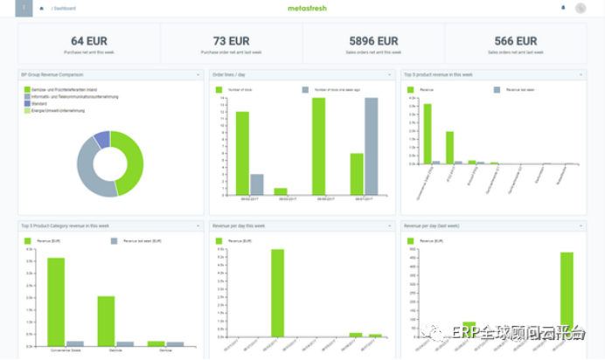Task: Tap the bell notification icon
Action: pyautogui.click(x=563, y=8)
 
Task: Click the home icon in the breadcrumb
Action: pyautogui.click(x=41, y=8)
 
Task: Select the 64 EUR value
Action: pyautogui.click(x=89, y=41)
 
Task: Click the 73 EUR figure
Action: pyautogui.click(x=232, y=41)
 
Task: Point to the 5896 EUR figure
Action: pyautogui.click(x=373, y=41)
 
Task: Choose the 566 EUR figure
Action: pyautogui.click(x=515, y=41)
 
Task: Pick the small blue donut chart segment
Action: pyautogui.click(x=101, y=138)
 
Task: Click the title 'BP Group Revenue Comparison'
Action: pyautogui.click(x=52, y=75)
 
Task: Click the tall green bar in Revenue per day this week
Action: pyautogui.click(x=277, y=293)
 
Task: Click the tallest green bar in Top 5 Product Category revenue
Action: pyautogui.click(x=56, y=302)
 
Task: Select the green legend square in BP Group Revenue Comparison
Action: pyautogui.click(x=27, y=90)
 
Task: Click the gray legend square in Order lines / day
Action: pyautogui.click(x=306, y=90)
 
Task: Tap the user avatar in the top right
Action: pyautogui.click(x=581, y=8)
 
